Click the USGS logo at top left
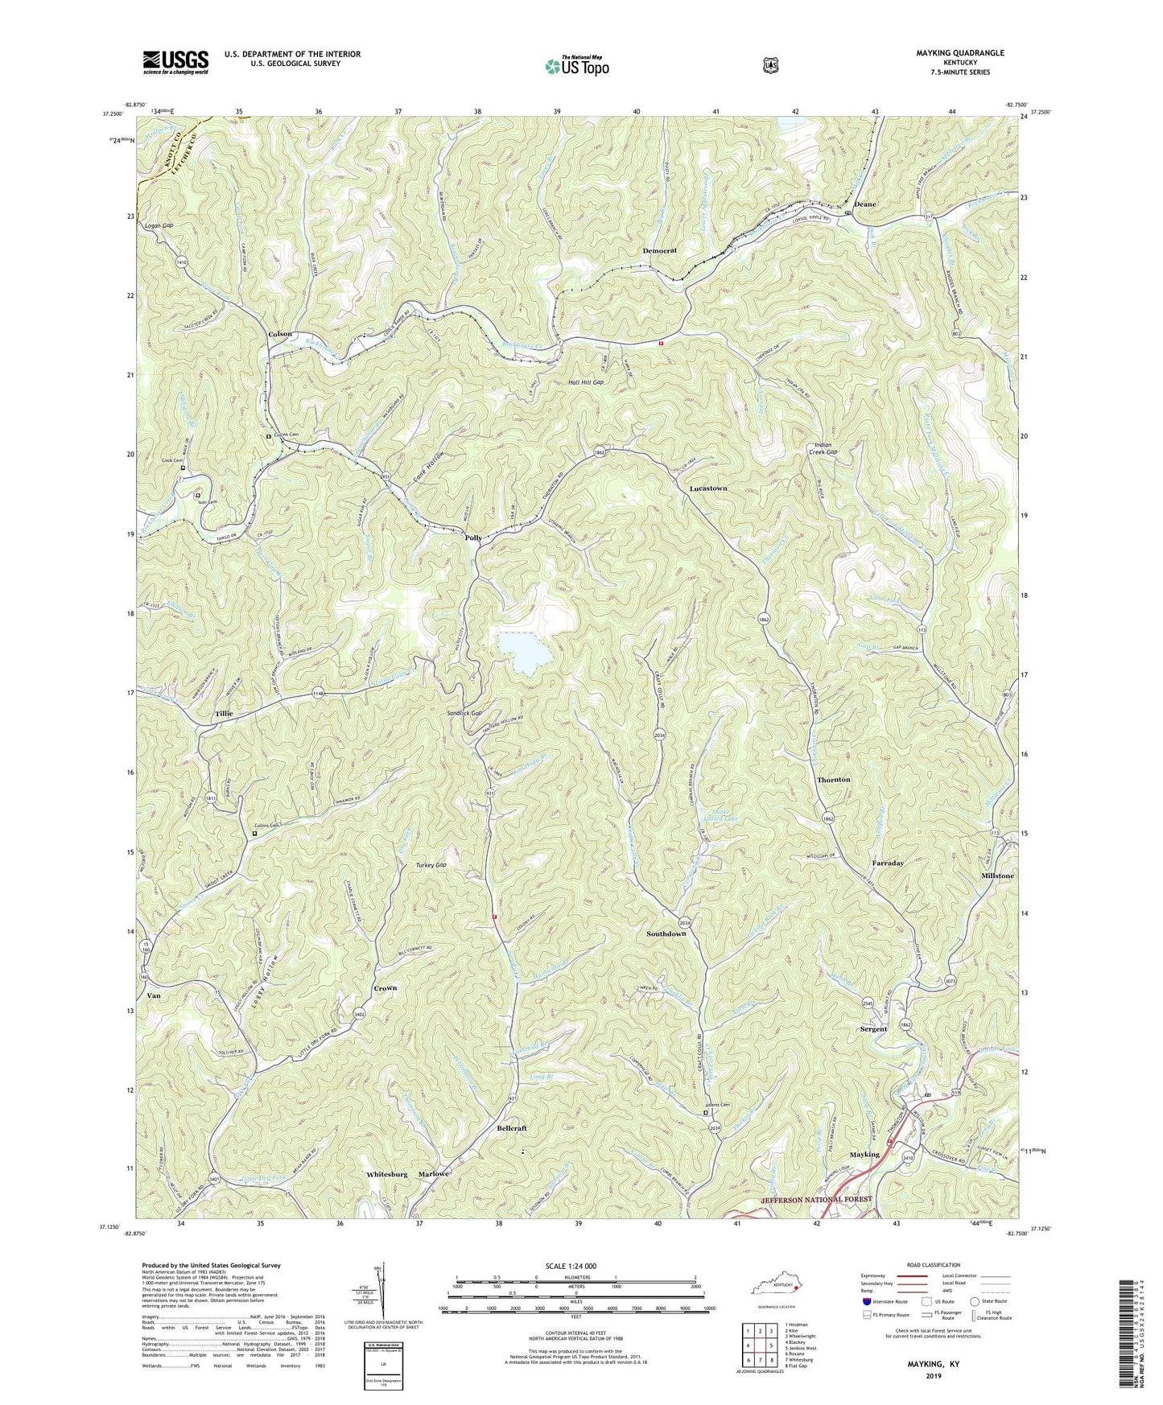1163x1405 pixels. pos(175,62)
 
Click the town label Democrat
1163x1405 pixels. pos(659,251)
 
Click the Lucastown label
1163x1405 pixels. pos(708,488)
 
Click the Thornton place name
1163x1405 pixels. pos(833,780)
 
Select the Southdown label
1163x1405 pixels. pos(666,933)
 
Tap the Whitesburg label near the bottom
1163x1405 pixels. pos(387,1174)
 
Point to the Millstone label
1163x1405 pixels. pos(997,875)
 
